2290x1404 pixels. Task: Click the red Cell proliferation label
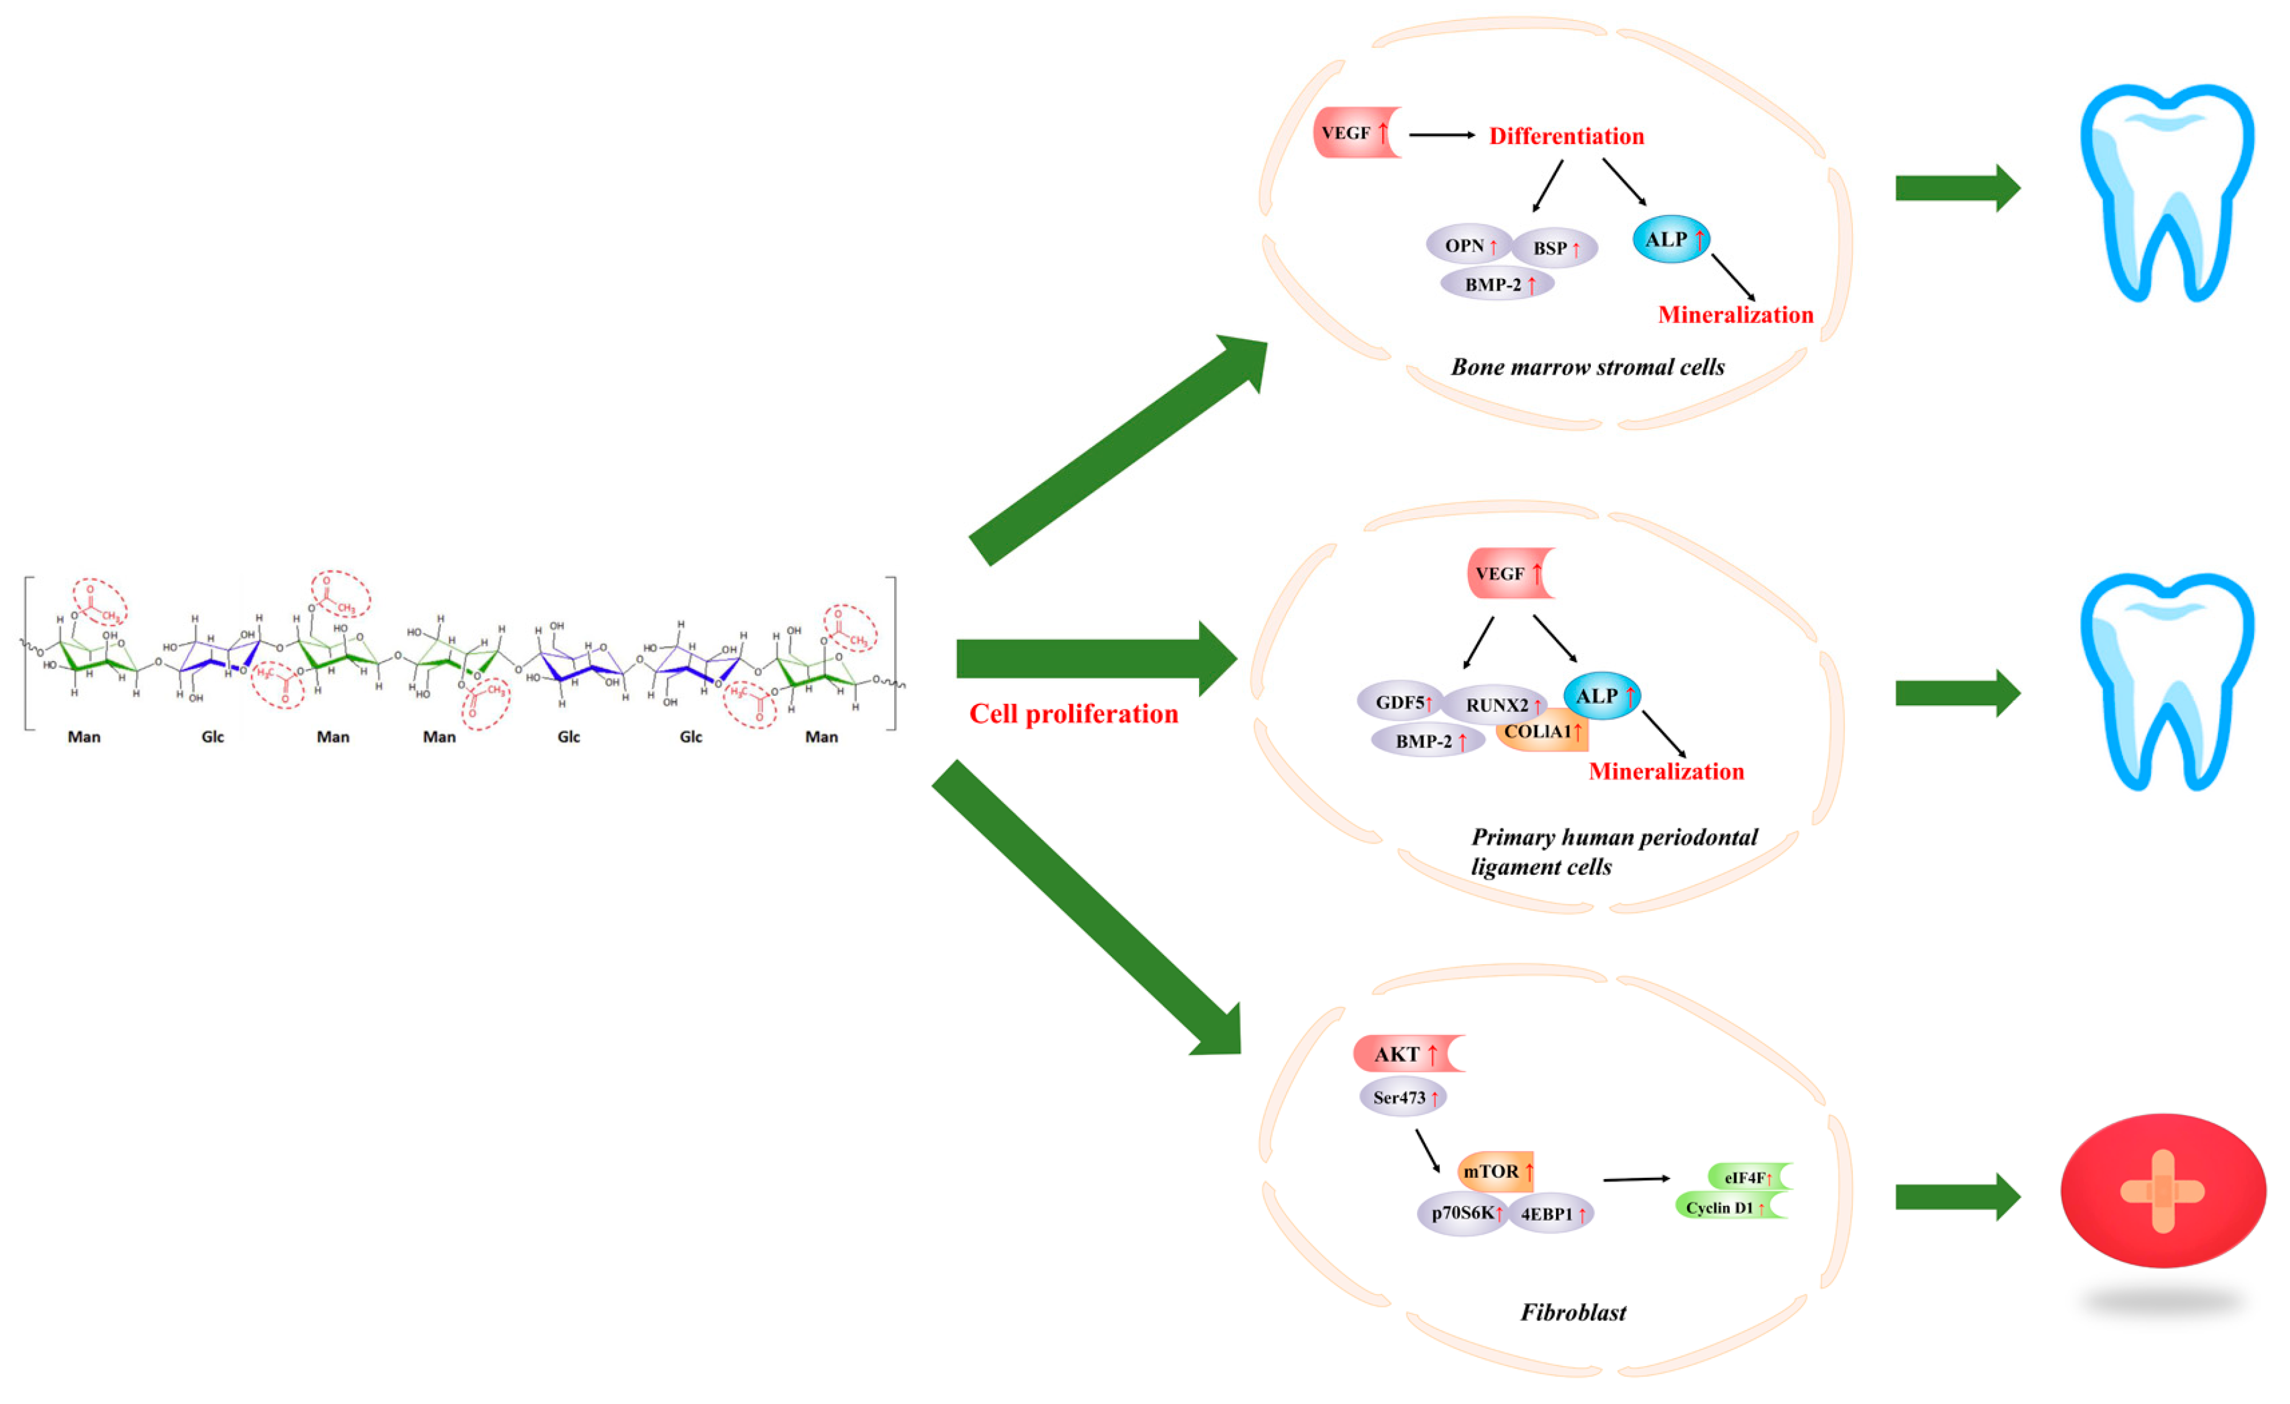tap(1074, 714)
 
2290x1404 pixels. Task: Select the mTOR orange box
tap(1495, 1172)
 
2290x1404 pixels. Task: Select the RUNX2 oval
tap(1498, 704)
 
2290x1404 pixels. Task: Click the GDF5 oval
tap(1401, 702)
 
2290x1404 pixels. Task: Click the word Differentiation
tap(1566, 137)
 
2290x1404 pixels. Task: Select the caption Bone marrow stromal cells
tap(1587, 367)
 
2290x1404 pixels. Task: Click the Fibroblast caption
tap(1573, 1313)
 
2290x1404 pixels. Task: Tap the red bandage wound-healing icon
tap(2163, 1191)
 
